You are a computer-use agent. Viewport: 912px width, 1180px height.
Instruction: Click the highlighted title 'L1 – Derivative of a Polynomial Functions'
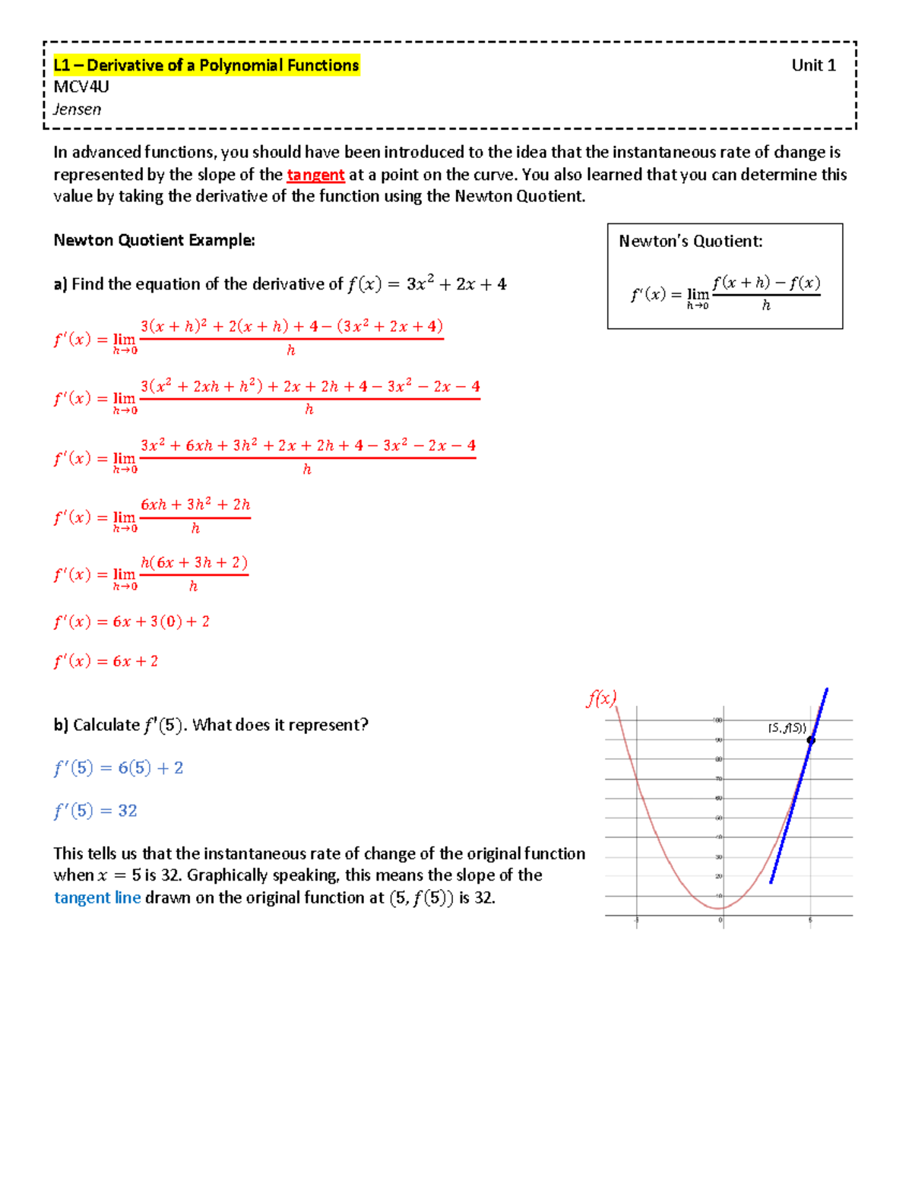[x=206, y=65]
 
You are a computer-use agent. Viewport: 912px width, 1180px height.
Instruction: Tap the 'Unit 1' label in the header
[x=813, y=65]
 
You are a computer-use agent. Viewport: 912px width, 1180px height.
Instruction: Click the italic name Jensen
[x=78, y=109]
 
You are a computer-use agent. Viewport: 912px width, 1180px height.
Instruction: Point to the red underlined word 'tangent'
[x=315, y=175]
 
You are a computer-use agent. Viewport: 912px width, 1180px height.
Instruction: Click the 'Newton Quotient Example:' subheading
[x=154, y=240]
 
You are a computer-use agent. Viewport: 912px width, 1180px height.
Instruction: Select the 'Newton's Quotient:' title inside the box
[x=690, y=242]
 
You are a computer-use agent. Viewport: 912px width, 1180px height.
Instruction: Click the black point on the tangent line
[x=811, y=740]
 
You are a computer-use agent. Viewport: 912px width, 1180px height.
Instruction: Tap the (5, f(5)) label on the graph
[x=787, y=728]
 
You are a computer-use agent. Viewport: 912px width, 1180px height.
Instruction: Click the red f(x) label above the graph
[x=601, y=698]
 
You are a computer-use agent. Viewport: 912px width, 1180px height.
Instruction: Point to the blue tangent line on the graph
[x=790, y=813]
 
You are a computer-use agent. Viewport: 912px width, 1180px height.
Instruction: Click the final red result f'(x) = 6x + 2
[x=106, y=661]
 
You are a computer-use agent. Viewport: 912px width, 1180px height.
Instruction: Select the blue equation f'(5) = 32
[x=96, y=811]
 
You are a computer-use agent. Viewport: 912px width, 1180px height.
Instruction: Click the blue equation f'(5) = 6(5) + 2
[x=119, y=768]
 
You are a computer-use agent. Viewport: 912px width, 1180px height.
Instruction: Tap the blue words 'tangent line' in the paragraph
[x=97, y=898]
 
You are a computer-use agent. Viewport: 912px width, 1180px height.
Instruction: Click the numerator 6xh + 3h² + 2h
[x=195, y=505]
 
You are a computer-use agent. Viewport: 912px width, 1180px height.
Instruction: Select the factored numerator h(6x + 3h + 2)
[x=195, y=563]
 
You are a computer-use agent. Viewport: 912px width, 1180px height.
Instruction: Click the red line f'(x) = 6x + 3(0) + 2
[x=131, y=622]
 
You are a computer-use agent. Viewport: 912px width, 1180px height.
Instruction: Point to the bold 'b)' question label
[x=61, y=725]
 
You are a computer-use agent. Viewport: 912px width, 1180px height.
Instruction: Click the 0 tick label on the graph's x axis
[x=720, y=920]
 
